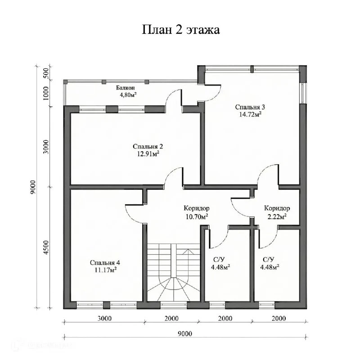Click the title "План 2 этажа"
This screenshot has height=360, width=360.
click(181, 30)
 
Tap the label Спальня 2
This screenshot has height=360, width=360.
click(148, 146)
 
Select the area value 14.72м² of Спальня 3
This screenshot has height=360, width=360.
click(251, 114)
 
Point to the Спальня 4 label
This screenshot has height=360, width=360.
click(105, 262)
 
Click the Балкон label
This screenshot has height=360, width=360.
click(126, 88)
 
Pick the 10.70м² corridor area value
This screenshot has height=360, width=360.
click(197, 216)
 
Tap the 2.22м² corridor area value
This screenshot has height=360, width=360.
click(277, 216)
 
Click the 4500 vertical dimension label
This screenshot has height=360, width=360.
click(46, 247)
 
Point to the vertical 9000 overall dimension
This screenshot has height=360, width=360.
click(33, 187)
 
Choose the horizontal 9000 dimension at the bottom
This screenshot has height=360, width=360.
click(185, 333)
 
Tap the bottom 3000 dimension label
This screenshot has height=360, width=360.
click(104, 319)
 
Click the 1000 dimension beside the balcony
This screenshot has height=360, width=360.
click(46, 93)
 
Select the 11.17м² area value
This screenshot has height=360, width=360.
click(105, 270)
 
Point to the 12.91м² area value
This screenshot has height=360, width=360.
click(148, 153)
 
